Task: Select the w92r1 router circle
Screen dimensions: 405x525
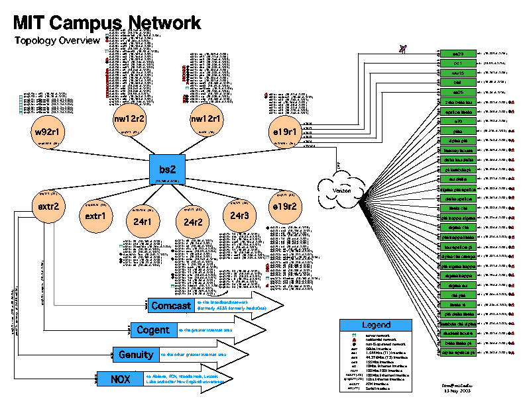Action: tap(48, 132)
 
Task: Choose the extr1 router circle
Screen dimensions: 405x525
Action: tap(95, 216)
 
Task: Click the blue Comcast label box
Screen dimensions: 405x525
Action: tap(171, 306)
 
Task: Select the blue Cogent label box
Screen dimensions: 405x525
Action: tap(154, 330)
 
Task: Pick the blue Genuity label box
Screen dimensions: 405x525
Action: tap(136, 355)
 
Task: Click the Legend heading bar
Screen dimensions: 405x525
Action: tap(377, 325)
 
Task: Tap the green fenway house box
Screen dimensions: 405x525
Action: tap(457, 150)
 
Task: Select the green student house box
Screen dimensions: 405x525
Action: tap(457, 334)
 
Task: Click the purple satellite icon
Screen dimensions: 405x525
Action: tap(403, 47)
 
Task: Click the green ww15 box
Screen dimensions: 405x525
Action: tap(457, 73)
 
